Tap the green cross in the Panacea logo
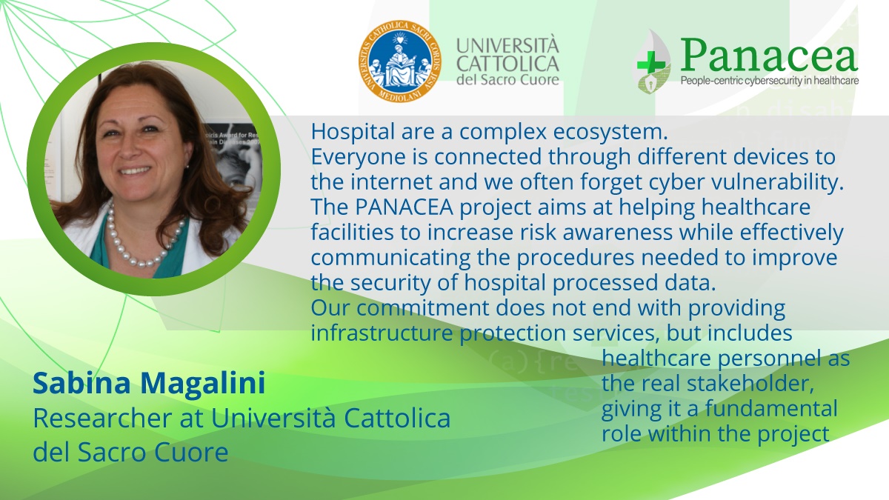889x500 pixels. click(650, 64)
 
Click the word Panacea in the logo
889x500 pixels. click(769, 56)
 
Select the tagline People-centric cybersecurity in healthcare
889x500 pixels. click(770, 81)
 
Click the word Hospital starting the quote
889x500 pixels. click(353, 132)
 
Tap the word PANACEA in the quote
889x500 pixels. click(404, 207)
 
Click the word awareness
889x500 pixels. click(618, 233)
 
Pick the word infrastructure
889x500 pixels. click(382, 333)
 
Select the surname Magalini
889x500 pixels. click(203, 383)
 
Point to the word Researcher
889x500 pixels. click(103, 418)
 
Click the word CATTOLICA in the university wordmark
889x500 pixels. click(507, 64)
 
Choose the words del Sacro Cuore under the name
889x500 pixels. click(130, 452)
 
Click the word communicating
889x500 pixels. click(390, 259)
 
